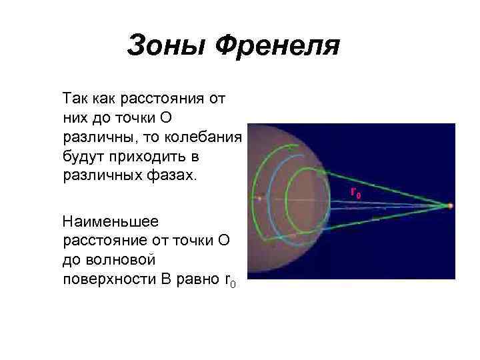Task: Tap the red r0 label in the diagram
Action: [356, 193]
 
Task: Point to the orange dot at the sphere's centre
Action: [259, 198]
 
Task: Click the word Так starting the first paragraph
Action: [75, 99]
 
